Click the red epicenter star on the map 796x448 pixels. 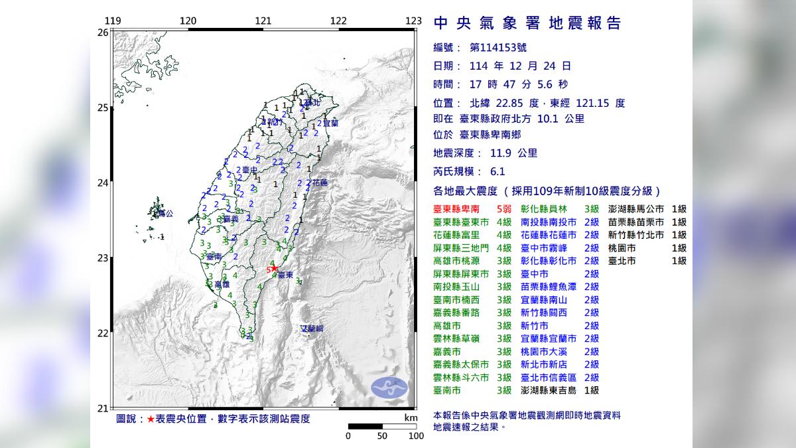tap(275, 269)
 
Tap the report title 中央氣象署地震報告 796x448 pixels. tap(527, 24)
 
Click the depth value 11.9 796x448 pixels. tap(501, 153)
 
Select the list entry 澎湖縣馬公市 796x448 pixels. tap(633, 208)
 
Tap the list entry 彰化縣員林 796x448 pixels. tap(545, 208)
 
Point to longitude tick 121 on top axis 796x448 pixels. tap(264, 21)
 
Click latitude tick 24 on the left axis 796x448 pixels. tap(103, 183)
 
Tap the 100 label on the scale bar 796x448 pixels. tap(416, 436)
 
